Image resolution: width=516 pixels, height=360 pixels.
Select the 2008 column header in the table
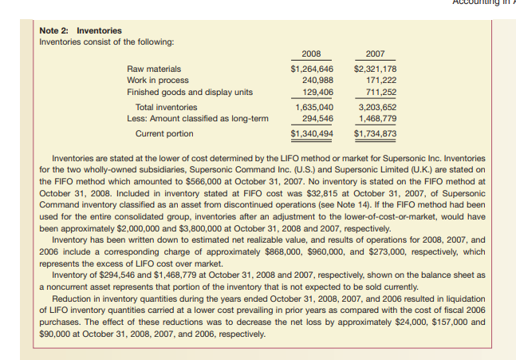click(x=312, y=53)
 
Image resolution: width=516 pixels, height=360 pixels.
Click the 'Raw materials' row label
click(x=154, y=69)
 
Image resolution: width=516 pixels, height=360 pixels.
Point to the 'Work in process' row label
click(x=158, y=81)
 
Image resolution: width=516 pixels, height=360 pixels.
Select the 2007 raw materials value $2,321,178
click(x=374, y=69)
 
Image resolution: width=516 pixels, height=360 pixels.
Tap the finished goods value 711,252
click(x=380, y=92)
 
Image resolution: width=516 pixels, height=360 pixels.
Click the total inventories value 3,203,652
click(x=377, y=107)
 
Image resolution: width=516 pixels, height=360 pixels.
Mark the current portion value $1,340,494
click(x=312, y=133)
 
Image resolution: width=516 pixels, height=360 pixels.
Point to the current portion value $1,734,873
click(x=374, y=133)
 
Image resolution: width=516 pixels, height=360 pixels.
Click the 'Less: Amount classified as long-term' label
click(x=199, y=118)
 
